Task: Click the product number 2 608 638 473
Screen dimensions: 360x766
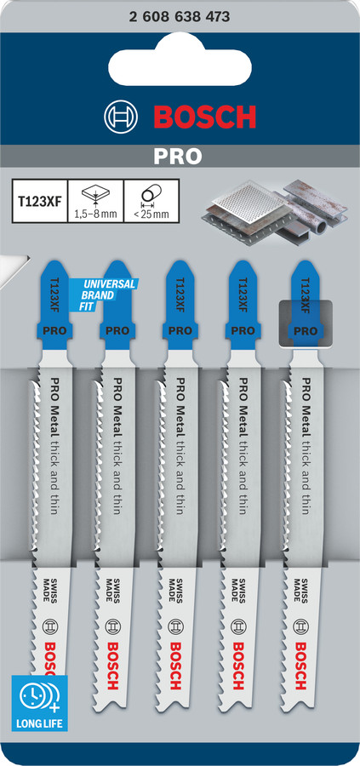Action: click(180, 17)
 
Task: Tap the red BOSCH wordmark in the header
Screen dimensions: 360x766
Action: click(205, 117)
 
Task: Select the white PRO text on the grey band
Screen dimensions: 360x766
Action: click(177, 156)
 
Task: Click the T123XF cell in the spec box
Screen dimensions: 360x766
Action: click(40, 201)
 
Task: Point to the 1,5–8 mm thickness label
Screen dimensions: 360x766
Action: click(96, 214)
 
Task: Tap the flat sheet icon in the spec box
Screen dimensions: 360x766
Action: click(96, 195)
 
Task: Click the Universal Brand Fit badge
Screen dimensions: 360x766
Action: click(104, 295)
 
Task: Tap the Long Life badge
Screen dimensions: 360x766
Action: click(39, 704)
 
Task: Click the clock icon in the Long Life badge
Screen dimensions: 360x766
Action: click(32, 695)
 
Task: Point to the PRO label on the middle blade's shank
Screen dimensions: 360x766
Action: click(180, 331)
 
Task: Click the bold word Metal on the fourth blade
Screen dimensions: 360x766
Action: click(240, 419)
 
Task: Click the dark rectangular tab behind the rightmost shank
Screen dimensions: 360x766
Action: click(305, 324)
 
